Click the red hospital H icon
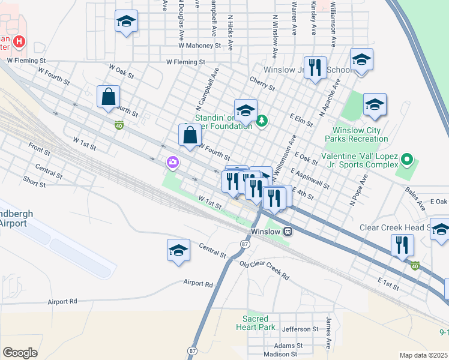pyautogui.click(x=19, y=41)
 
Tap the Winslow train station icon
pyautogui.click(x=288, y=232)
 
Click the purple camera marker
pyautogui.click(x=172, y=162)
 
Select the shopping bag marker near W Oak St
pyautogui.click(x=108, y=97)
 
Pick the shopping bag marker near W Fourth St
pyautogui.click(x=190, y=135)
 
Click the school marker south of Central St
pyautogui.click(x=178, y=250)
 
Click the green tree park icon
pyautogui.click(x=262, y=122)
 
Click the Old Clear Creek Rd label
pyautogui.click(x=264, y=270)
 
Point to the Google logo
pyautogui.click(x=20, y=353)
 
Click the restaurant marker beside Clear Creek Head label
pyautogui.click(x=402, y=245)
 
